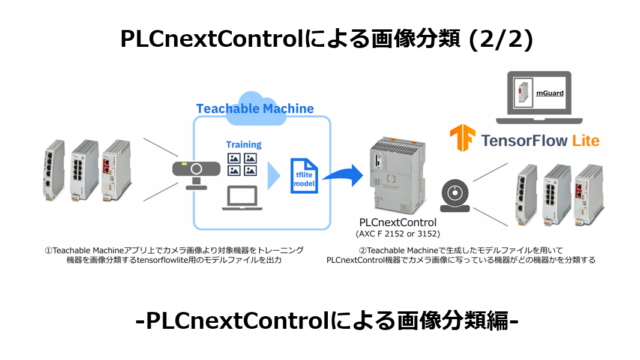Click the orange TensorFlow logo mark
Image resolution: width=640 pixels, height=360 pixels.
point(462,139)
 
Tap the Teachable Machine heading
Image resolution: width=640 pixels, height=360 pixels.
point(255,108)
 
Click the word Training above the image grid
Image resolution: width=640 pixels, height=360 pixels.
point(243,145)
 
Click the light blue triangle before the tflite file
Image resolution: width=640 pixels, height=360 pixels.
point(273,175)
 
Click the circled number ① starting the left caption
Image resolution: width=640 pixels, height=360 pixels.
point(48,249)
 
